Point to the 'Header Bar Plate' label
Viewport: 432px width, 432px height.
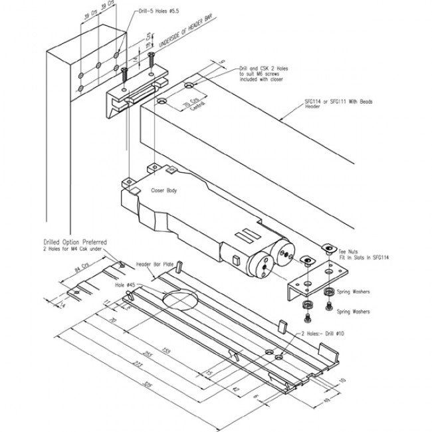point(155,264)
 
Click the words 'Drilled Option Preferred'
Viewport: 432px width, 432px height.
point(74,243)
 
